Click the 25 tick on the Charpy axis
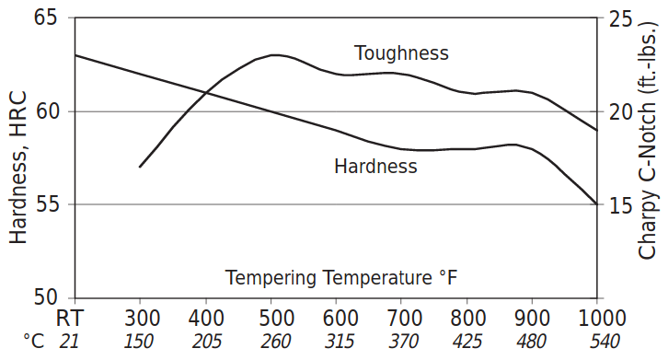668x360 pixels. (621, 18)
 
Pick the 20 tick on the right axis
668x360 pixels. (621, 111)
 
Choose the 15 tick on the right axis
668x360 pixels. (621, 204)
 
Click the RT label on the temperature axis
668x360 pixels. (74, 319)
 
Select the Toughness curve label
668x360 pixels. (401, 52)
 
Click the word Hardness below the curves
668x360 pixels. (375, 167)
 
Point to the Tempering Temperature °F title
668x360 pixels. (341, 277)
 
